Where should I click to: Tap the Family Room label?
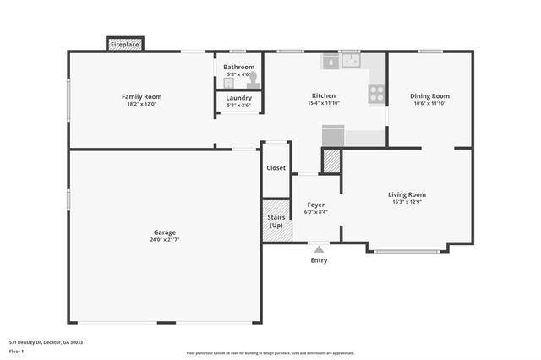(141, 96)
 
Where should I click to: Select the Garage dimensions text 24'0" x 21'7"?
(165, 240)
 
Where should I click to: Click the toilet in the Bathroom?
(252, 75)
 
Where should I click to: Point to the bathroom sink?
(229, 83)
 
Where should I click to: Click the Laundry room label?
(238, 98)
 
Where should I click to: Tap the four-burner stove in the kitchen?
(377, 94)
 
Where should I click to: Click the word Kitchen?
(323, 96)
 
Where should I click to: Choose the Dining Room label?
(429, 96)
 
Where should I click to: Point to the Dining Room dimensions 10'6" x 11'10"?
(429, 104)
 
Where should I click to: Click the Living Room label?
(407, 194)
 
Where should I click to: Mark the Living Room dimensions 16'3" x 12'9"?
(407, 202)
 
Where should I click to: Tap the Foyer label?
(315, 205)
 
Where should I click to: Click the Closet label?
(276, 168)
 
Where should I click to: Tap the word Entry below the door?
(319, 260)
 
